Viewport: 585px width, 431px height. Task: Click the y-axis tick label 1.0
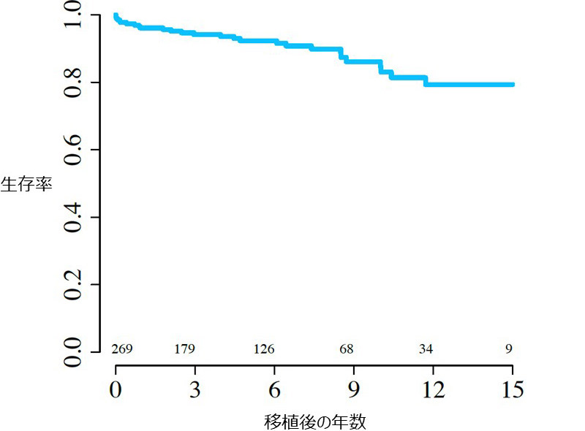click(73, 15)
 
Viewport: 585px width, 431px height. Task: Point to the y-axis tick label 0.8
click(73, 83)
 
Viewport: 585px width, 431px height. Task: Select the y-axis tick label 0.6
click(73, 150)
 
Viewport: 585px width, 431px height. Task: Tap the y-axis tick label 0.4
click(73, 217)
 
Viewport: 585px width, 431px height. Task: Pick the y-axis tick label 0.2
click(73, 284)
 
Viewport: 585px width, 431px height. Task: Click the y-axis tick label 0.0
click(73, 351)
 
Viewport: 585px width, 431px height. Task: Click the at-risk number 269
click(121, 349)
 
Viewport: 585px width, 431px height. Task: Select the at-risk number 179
click(185, 349)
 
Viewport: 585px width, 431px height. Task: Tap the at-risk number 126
click(264, 349)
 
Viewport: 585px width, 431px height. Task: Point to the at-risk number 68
click(347, 349)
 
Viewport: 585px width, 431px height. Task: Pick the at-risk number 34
click(426, 349)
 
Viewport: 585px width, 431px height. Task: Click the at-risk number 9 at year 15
click(509, 349)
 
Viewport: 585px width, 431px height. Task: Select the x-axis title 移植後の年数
click(314, 422)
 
